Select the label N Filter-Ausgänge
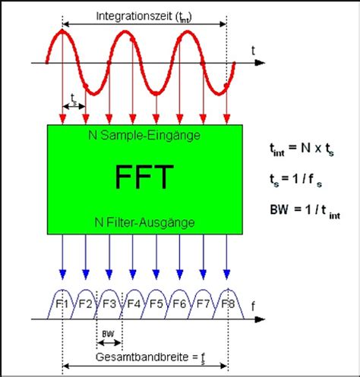(145, 223)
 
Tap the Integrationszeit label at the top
(144, 15)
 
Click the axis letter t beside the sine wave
(252, 49)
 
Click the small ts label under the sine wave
(74, 99)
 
